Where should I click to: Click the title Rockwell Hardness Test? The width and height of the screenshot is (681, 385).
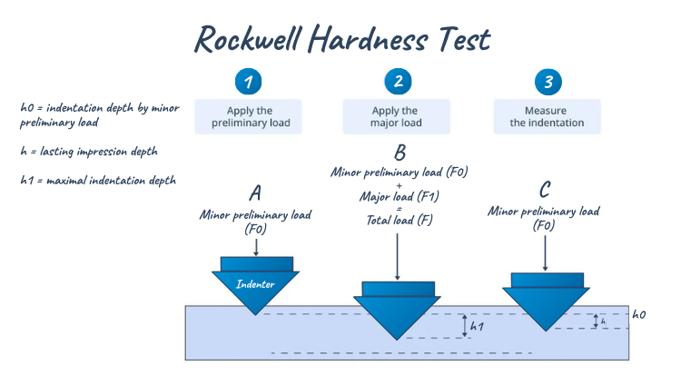click(x=342, y=38)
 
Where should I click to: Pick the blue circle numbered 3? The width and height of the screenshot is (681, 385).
click(x=546, y=82)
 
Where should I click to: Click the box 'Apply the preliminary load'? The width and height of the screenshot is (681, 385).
click(x=249, y=116)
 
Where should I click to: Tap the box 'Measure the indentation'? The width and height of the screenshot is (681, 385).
click(x=547, y=116)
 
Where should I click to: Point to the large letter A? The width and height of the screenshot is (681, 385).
click(x=256, y=193)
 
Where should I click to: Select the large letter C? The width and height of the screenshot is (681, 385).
click(x=545, y=190)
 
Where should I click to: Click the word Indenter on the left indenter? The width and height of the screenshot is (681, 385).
click(x=256, y=284)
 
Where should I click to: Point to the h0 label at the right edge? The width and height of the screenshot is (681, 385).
click(x=639, y=314)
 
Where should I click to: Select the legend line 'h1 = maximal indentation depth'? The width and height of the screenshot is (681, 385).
click(x=98, y=181)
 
